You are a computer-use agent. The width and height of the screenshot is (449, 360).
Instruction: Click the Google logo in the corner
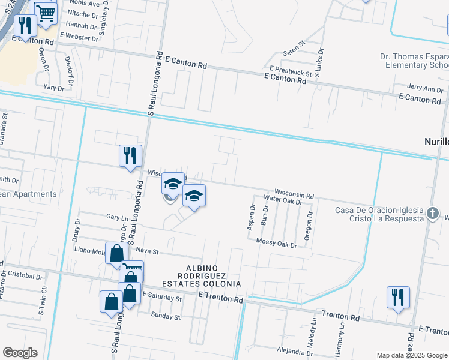pyautogui.click(x=20, y=353)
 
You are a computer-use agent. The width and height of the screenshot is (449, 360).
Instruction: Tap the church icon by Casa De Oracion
pyautogui.click(x=432, y=213)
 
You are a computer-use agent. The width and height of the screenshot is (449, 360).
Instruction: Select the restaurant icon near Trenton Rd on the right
pyautogui.click(x=398, y=298)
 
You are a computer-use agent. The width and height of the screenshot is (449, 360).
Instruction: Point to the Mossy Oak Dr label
pyautogui.click(x=278, y=245)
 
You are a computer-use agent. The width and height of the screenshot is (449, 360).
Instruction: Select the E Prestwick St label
pyautogui.click(x=291, y=71)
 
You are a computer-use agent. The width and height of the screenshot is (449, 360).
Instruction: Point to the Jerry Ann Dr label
pyautogui.click(x=424, y=89)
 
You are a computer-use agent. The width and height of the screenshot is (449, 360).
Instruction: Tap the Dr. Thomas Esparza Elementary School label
pyautogui.click(x=414, y=61)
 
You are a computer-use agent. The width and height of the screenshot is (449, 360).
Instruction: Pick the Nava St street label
pyautogui.click(x=146, y=250)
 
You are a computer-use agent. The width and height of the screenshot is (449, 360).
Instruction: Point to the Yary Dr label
pyautogui.click(x=53, y=87)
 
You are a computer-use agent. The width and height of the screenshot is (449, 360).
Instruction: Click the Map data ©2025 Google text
pyautogui.click(x=411, y=355)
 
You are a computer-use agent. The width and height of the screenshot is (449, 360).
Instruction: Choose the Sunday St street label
pyautogui.click(x=166, y=316)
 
